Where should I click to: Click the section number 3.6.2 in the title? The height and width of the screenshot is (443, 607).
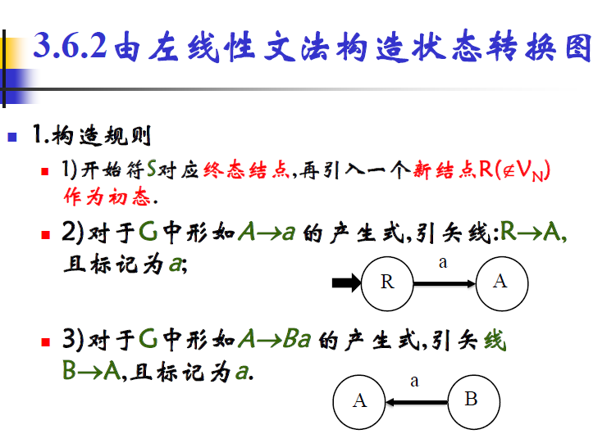pos(71,47)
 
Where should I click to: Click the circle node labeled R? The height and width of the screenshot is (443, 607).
pos(387,283)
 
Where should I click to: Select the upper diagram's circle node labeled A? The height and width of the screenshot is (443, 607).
pos(500,282)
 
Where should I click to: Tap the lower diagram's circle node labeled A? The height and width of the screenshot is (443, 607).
pos(359,401)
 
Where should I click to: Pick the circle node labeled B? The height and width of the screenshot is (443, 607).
pos(471,400)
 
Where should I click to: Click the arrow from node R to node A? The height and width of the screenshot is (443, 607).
pos(444,283)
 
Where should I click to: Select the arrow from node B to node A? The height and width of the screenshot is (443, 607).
pos(416,401)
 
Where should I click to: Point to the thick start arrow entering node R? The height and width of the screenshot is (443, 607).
pos(345,283)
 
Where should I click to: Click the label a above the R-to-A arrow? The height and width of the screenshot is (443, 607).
pos(443,263)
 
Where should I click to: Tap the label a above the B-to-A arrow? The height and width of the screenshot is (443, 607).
pos(414,381)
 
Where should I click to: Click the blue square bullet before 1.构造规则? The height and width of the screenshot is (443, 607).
pos(13,135)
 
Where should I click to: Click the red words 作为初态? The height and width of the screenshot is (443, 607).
pos(107,197)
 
